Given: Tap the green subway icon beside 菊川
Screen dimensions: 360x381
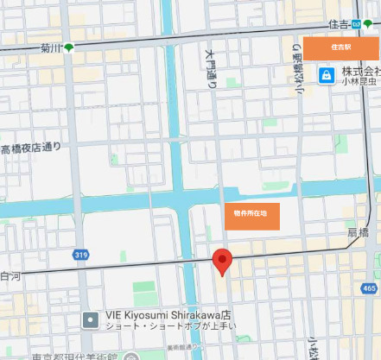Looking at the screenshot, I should point(68,47).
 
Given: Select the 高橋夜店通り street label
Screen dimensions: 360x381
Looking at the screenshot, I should point(32,148).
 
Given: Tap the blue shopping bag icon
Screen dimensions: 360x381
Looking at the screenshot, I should point(325,76).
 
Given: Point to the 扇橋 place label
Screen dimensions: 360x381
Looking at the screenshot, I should point(358,233).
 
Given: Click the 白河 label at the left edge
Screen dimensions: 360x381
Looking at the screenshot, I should point(10,277).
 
